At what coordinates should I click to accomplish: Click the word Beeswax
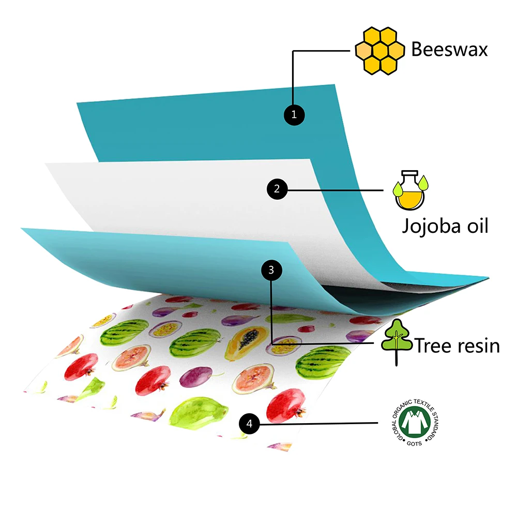click(449, 50)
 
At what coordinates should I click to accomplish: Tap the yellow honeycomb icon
click(379, 50)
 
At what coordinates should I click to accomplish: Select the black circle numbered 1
click(294, 115)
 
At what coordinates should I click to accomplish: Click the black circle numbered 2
click(277, 189)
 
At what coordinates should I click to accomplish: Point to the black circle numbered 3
click(272, 270)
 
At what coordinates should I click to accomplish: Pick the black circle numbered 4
click(250, 424)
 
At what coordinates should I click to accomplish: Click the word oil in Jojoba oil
click(474, 226)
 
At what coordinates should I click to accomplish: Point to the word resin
click(478, 345)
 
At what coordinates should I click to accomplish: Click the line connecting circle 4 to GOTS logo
click(321, 424)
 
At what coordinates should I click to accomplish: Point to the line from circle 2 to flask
click(336, 189)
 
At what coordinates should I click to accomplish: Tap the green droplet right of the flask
click(424, 182)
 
